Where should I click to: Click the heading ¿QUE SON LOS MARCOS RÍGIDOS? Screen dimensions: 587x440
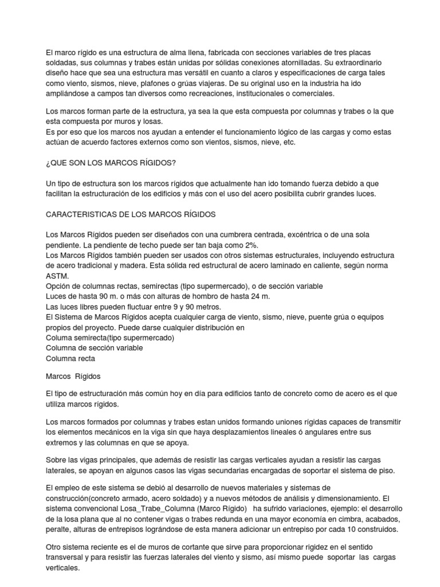(x=110, y=163)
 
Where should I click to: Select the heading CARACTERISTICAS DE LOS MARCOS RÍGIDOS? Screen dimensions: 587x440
(x=130, y=214)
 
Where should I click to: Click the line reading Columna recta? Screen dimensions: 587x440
(x=70, y=358)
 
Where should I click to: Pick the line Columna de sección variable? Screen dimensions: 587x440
(x=94, y=348)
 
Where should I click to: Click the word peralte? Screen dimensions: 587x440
(x=58, y=530)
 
